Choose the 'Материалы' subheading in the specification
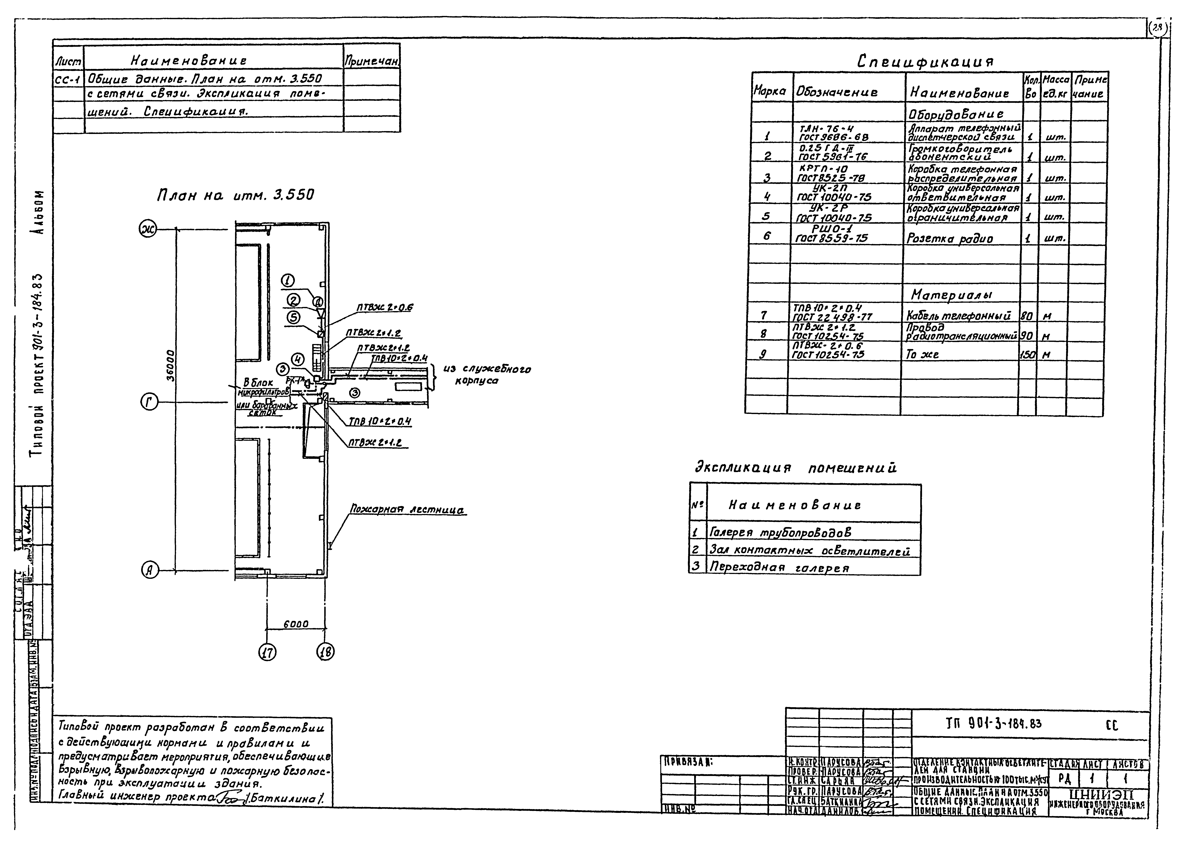951,295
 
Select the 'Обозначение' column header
836,93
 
